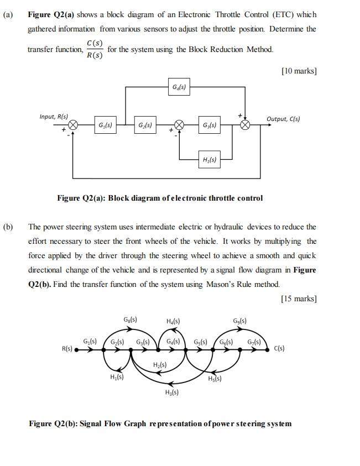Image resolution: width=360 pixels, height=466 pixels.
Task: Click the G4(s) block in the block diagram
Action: point(179,87)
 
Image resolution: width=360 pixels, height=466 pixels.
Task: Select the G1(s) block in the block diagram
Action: point(105,125)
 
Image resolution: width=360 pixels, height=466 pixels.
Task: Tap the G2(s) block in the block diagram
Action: point(145,125)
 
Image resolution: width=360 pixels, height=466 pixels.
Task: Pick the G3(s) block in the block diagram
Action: point(209,125)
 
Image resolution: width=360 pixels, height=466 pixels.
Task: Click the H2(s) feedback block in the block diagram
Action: point(209,160)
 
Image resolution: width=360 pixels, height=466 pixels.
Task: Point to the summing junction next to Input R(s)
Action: point(72,125)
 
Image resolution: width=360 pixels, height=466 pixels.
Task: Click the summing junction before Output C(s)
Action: point(246,125)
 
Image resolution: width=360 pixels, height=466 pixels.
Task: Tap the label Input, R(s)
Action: point(54,117)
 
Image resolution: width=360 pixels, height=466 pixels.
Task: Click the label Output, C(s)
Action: point(283,119)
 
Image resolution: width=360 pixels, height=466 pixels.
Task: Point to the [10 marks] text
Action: point(299,71)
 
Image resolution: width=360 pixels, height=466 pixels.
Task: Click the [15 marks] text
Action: point(299,299)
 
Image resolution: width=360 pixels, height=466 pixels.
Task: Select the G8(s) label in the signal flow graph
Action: point(130,320)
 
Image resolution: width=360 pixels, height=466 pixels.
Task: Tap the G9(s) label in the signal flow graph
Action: point(239,320)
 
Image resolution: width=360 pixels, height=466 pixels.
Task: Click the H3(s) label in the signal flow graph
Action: point(171,392)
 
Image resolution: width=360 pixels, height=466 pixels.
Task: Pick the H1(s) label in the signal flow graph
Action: point(116,378)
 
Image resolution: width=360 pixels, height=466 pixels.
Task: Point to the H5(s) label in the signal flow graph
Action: point(215,379)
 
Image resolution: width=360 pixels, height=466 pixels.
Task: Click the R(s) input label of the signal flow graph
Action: point(66,349)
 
